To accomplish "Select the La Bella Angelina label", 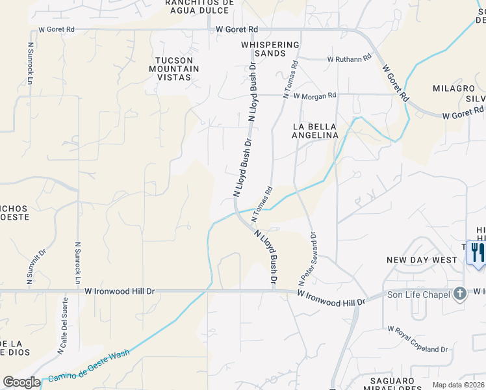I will [316, 130].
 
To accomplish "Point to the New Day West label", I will [422, 259].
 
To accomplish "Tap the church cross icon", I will [460, 293].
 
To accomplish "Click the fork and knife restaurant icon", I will [476, 252].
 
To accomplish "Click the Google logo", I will [21, 382].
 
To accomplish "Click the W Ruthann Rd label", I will [349, 58].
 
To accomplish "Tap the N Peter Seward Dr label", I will [307, 259].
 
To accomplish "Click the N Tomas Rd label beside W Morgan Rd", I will [290, 79].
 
